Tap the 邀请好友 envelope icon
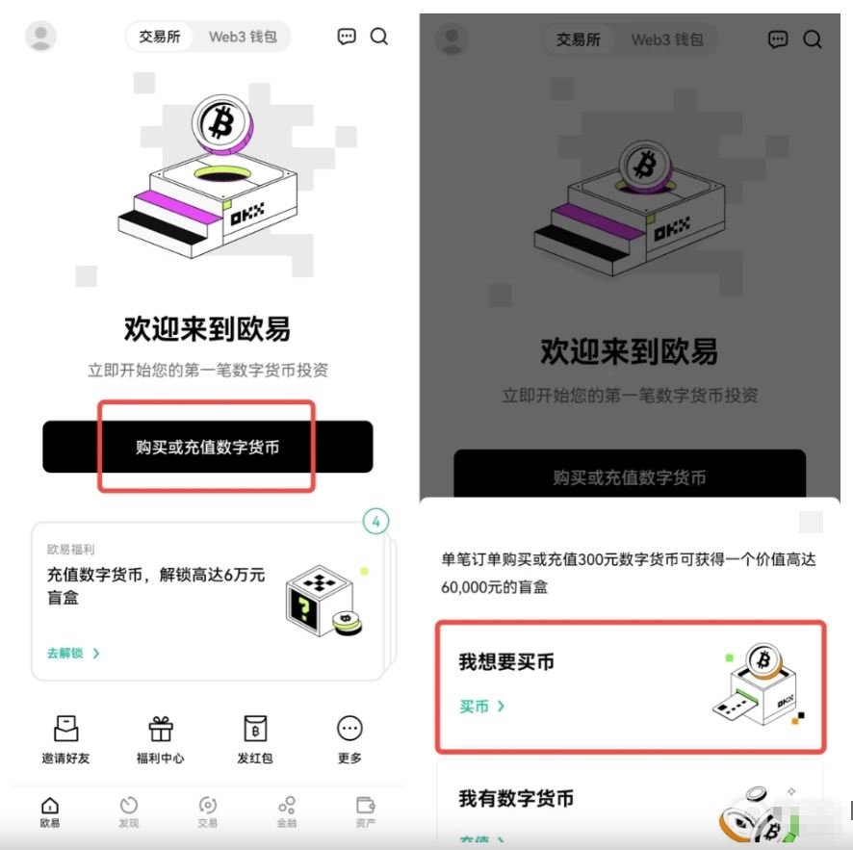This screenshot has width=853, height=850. (65, 728)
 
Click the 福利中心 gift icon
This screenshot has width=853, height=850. (160, 728)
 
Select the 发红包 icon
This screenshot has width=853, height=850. (255, 728)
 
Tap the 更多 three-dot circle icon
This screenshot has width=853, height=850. (349, 728)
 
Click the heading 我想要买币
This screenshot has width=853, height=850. (506, 662)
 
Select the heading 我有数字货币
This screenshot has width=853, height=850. (516, 798)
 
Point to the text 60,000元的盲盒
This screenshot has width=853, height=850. (495, 586)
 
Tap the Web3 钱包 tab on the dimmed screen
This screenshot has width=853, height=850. (667, 39)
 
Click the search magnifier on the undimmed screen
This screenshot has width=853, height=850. (379, 37)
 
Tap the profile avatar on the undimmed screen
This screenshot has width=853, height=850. (40, 37)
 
